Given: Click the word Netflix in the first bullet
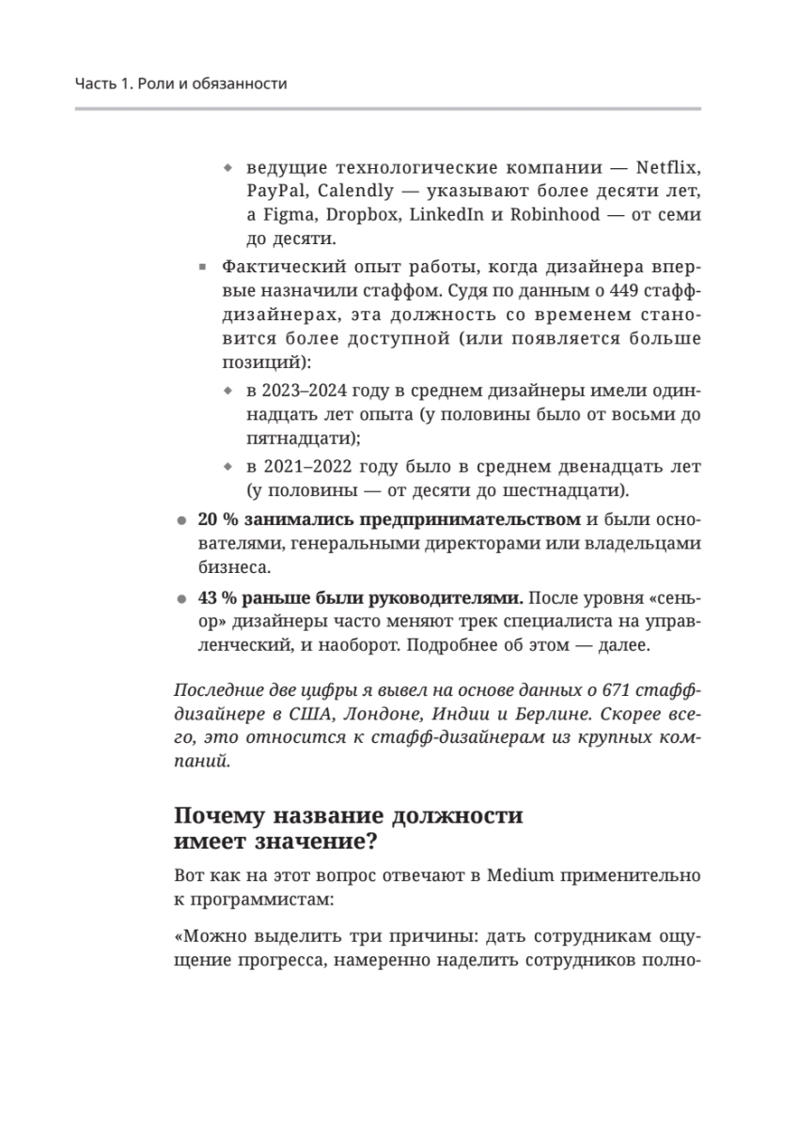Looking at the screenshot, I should (x=669, y=169).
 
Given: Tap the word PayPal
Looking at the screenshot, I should (x=273, y=192).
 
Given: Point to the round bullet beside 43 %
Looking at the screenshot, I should (x=181, y=598).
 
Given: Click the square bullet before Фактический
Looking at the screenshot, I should (x=202, y=267).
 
